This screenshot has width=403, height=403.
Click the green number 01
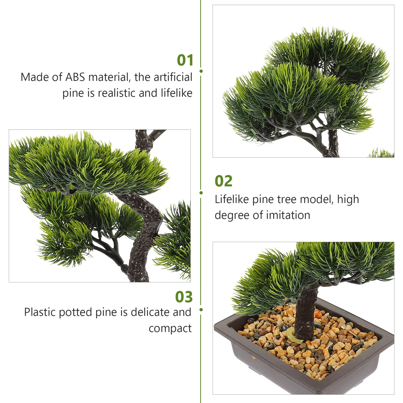click(185, 60)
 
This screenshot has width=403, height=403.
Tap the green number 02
click(223, 181)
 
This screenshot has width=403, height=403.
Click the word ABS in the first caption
click(75, 77)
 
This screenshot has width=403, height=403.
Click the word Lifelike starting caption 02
click(232, 199)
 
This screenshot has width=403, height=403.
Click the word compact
click(170, 328)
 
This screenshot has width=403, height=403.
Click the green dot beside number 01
click(201, 71)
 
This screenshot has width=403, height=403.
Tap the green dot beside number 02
click(201, 193)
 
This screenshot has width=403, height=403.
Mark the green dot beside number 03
click(201, 310)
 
